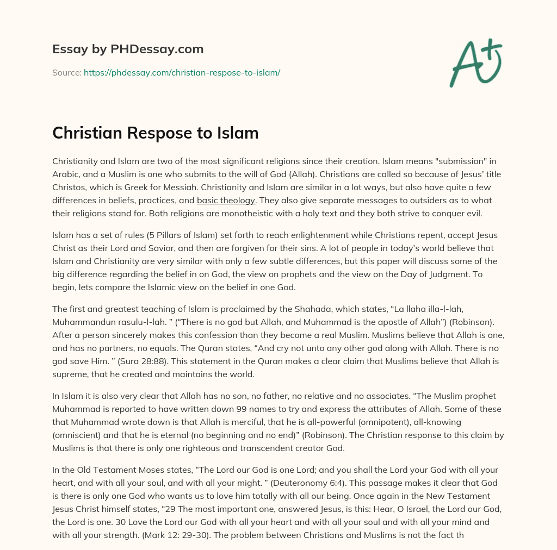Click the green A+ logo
tap(474, 62)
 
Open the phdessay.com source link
tap(182, 72)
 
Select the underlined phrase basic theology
tap(226, 200)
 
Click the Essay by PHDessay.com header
tap(128, 49)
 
